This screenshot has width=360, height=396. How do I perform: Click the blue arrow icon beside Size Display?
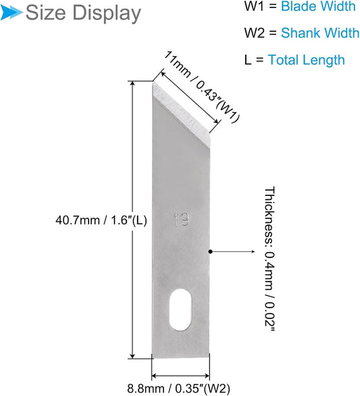[x=11, y=12]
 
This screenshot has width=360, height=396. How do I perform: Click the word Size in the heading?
[x=45, y=13]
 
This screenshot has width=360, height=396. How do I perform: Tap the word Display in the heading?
[x=107, y=14]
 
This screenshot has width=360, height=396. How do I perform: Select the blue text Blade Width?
[x=318, y=6]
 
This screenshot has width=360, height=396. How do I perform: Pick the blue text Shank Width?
[x=320, y=33]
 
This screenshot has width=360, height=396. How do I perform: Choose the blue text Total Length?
[x=306, y=60]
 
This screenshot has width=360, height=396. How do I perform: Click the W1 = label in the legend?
[x=261, y=6]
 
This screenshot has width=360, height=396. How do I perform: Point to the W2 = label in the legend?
[x=261, y=33]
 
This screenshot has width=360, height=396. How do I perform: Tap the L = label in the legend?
[x=254, y=60]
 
